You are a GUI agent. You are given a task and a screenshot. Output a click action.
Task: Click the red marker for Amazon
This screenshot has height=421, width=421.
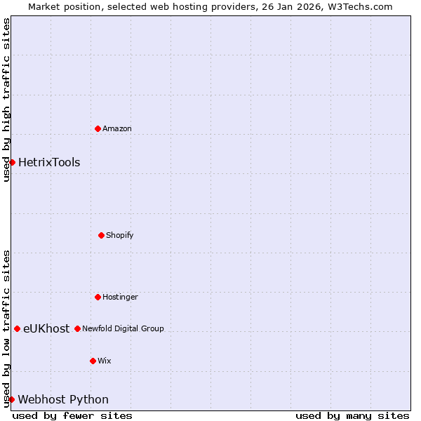(x=98, y=128)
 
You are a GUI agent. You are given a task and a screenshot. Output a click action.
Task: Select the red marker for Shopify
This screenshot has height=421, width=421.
(x=101, y=235)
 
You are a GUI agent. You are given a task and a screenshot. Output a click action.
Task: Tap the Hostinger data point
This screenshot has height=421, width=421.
(x=98, y=297)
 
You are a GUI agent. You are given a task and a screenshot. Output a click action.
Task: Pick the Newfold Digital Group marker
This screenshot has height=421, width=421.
(x=77, y=328)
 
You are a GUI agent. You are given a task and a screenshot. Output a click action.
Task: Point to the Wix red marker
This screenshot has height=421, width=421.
(x=93, y=361)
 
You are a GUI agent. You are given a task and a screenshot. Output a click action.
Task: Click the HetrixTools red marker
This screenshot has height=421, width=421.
(x=12, y=162)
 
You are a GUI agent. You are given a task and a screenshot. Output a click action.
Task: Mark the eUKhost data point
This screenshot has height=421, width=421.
(x=17, y=328)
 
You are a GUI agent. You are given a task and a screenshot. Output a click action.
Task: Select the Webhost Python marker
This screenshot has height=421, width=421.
(x=11, y=399)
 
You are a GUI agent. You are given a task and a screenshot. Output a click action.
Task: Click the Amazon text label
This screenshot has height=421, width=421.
(x=117, y=128)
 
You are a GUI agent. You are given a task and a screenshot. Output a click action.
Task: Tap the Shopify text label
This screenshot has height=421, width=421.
(x=120, y=235)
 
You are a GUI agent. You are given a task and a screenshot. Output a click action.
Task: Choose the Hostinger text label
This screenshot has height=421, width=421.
(x=120, y=297)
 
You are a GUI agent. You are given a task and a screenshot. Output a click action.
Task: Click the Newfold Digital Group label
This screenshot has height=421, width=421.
(x=123, y=328)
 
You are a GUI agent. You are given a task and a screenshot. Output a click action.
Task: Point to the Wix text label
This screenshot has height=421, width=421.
(x=105, y=361)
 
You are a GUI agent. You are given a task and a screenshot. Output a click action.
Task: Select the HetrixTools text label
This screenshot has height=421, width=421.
(x=49, y=163)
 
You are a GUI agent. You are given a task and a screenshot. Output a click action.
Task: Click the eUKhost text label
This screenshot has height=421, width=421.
(x=46, y=328)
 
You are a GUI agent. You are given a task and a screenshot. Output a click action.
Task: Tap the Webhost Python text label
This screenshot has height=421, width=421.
(x=63, y=400)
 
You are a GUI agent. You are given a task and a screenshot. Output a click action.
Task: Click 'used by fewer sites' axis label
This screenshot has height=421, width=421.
(x=72, y=415)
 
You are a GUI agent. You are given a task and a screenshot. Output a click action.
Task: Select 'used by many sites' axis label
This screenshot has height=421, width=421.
(x=352, y=415)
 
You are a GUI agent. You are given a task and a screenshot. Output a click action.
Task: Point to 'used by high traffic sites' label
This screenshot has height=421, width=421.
(x=6, y=100)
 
